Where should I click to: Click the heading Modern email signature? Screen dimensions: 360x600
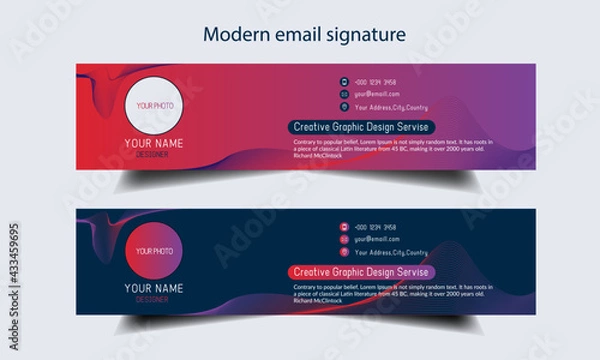point(304,34)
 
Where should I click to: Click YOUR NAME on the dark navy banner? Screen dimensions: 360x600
point(152,289)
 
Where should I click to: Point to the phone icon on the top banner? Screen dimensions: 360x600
point(344,82)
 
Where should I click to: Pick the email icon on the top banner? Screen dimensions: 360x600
point(344,94)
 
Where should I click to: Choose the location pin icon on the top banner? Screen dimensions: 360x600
point(344,106)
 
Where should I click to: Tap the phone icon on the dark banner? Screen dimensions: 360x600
point(344,228)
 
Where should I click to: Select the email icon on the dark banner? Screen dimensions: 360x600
point(344,240)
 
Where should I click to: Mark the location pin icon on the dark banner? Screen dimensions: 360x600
point(344,253)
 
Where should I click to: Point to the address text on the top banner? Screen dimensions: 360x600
point(391,106)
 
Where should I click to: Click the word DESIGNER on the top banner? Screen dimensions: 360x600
point(152,154)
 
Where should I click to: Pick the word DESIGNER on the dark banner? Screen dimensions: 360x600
point(152,299)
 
